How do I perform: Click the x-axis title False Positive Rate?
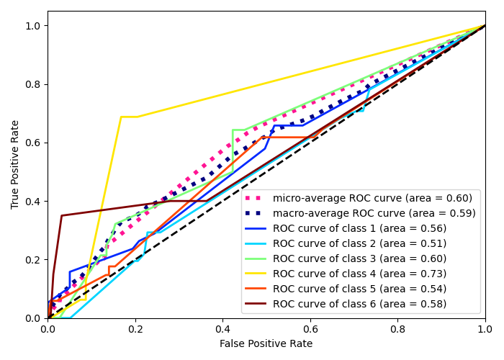pyautogui.click(x=266, y=344)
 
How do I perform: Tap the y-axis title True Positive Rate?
pyautogui.click(x=16, y=164)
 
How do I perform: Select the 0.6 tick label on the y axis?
pyautogui.click(x=34, y=143)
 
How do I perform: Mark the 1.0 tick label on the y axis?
pyautogui.click(x=34, y=26)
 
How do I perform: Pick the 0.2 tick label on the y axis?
pyautogui.click(x=34, y=259)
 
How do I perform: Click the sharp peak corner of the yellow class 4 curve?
pyautogui.click(x=121, y=117)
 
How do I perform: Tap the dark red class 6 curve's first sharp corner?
pyautogui.click(x=62, y=215)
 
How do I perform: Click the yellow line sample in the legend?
pyautogui.click(x=257, y=274)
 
